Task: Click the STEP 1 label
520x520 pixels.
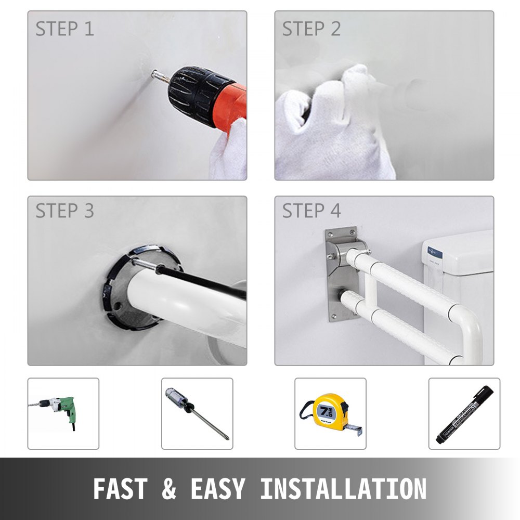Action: coord(64,29)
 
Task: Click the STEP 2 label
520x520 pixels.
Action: coord(311,29)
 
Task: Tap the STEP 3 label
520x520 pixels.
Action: coord(64,211)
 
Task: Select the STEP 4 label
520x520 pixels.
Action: coord(311,211)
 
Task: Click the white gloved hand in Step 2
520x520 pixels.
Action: coord(333,125)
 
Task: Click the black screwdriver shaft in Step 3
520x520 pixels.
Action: coord(208,283)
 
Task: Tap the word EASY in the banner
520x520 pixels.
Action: coord(217,489)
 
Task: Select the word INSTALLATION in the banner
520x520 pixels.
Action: coord(343,489)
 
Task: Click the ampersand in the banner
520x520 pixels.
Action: coord(170,489)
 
